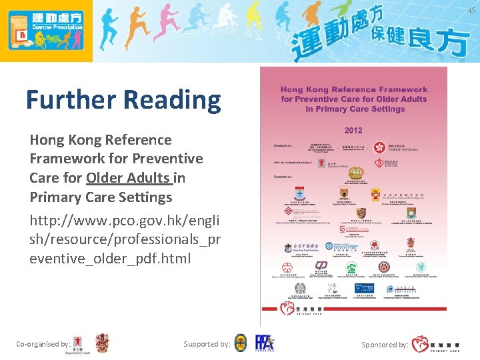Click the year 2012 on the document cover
tap(353, 130)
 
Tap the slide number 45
tap(471, 10)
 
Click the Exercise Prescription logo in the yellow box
tap(45, 31)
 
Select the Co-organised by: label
tap(43, 344)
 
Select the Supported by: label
tap(207, 344)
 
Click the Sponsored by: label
tap(385, 345)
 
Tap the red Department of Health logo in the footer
tap(79, 344)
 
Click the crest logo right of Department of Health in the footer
tap(102, 343)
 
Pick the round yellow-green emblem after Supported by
tap(241, 343)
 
